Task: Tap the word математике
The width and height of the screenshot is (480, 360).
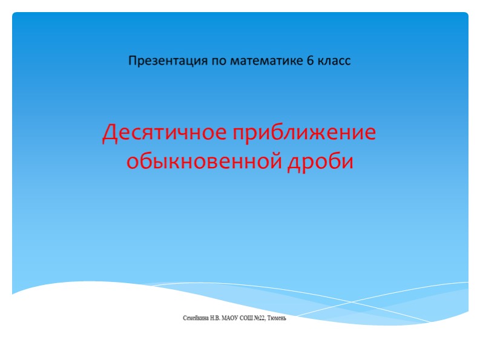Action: tap(263, 61)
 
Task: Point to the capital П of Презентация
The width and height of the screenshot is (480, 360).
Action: tap(133, 61)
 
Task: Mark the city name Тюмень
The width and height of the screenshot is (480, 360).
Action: tap(286, 318)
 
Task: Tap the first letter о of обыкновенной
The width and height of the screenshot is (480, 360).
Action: tap(131, 162)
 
